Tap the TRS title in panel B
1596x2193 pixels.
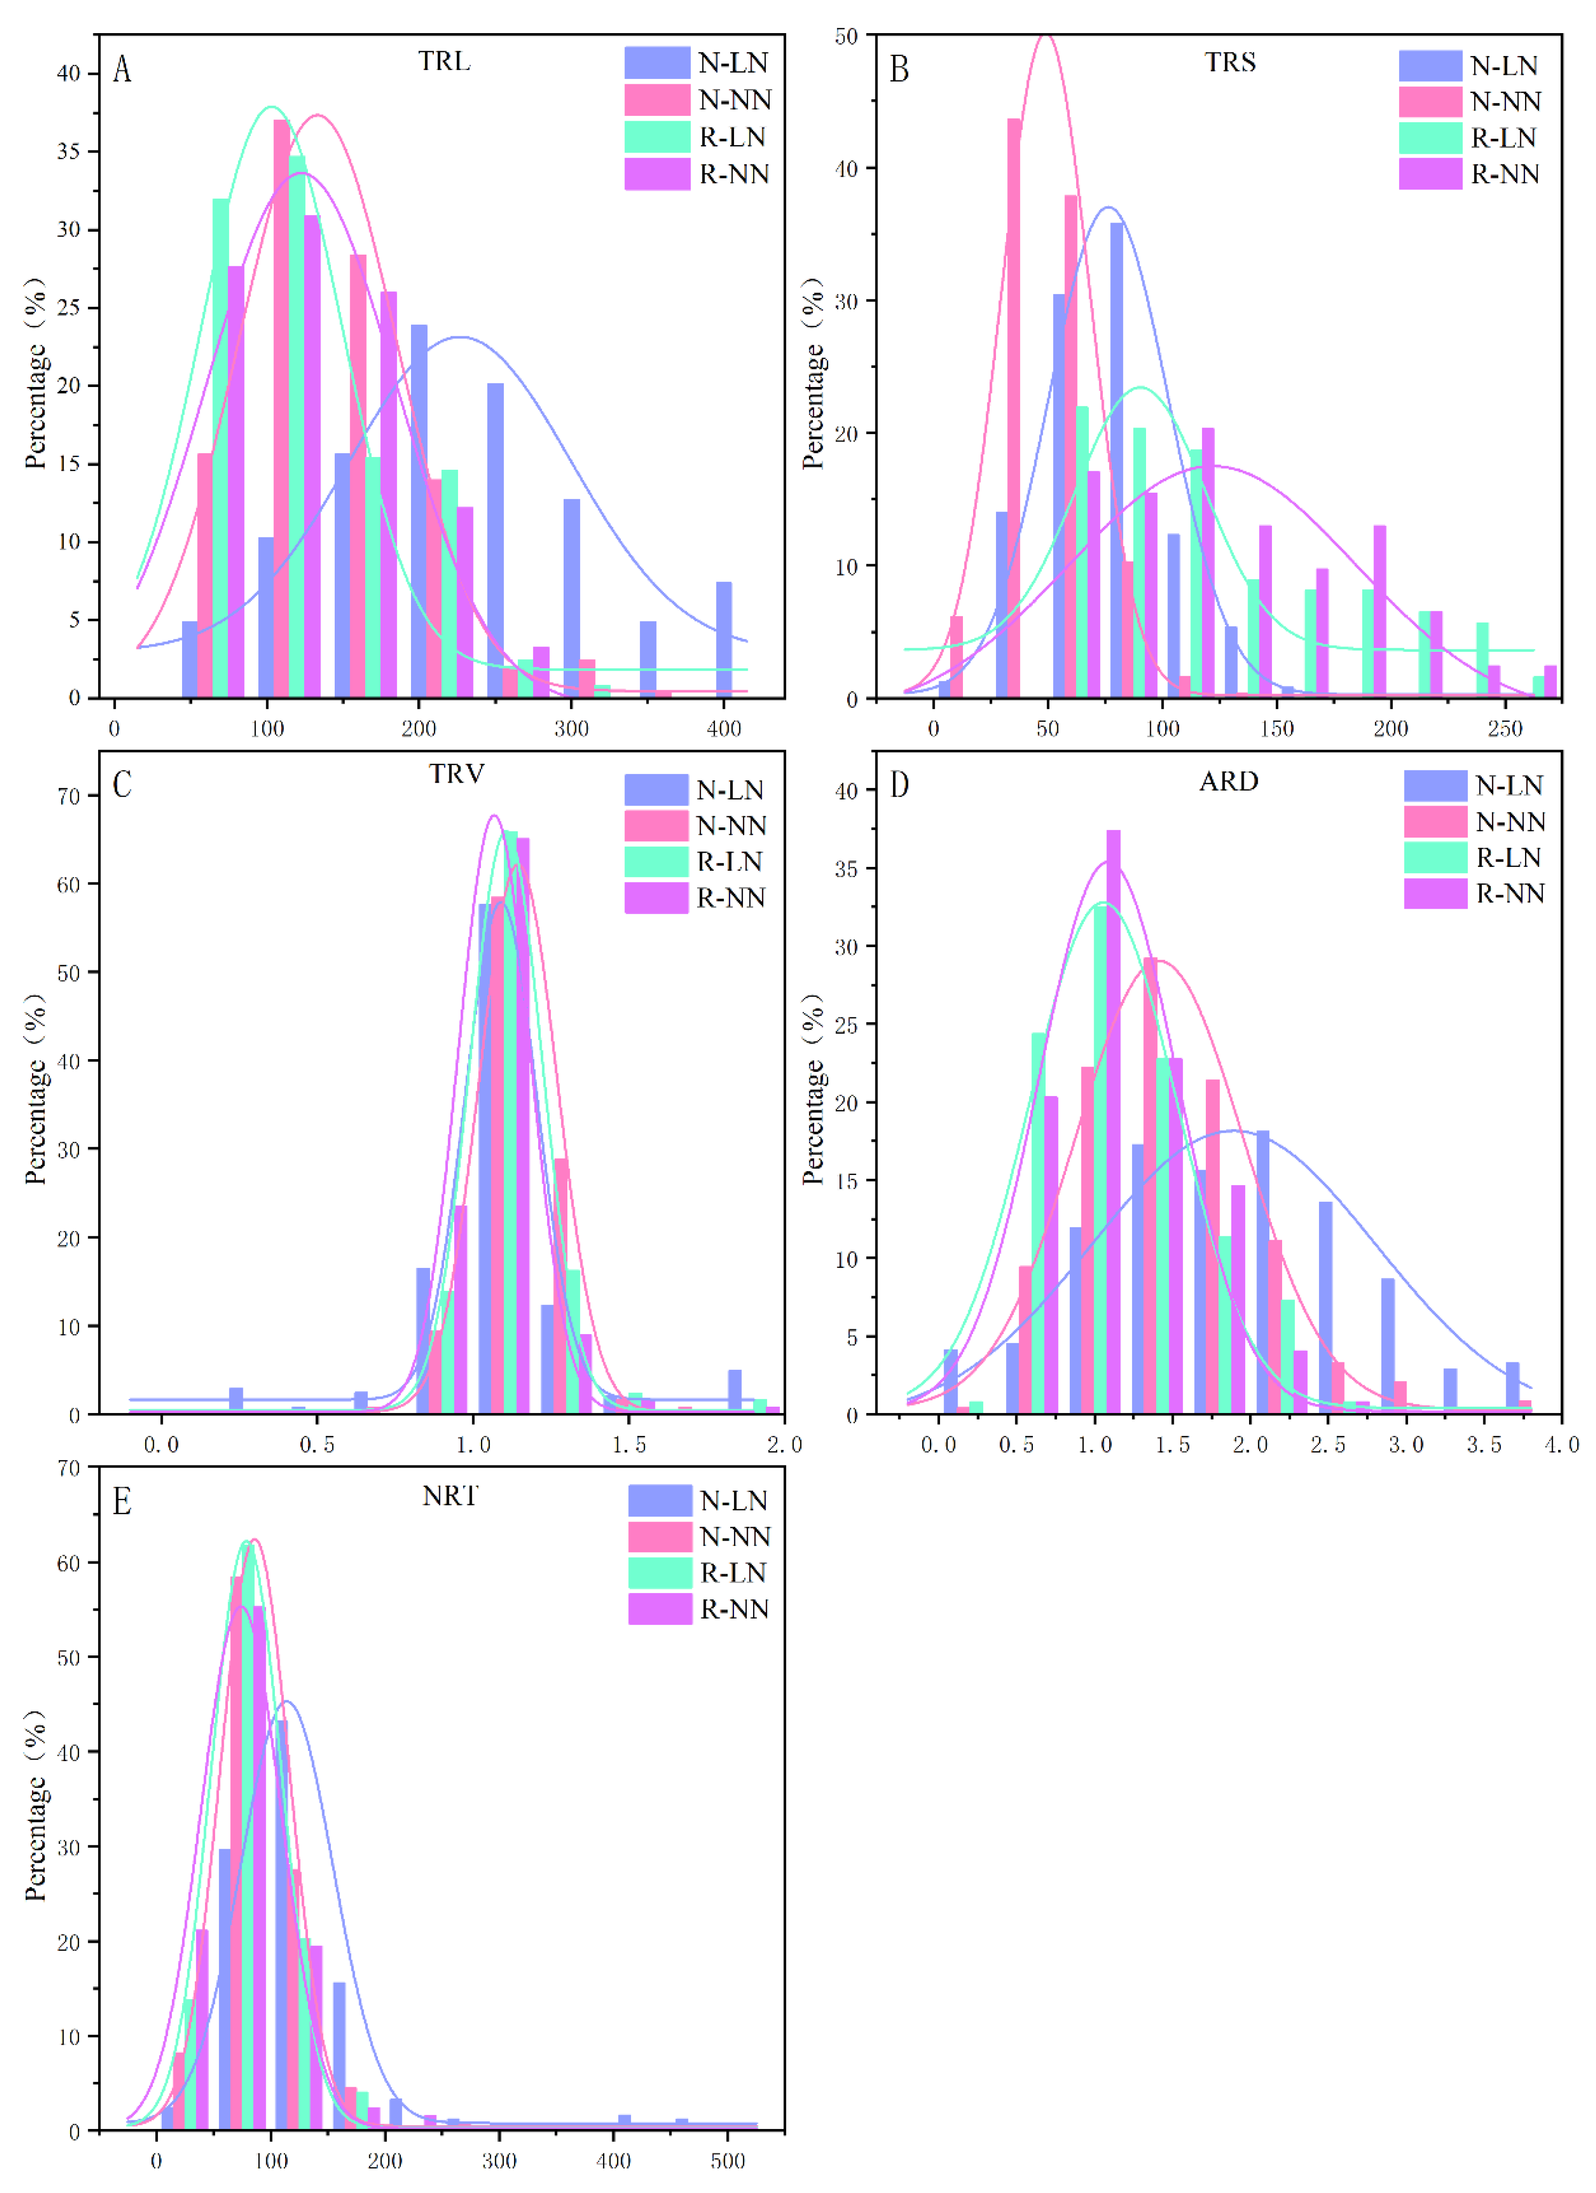click(1230, 63)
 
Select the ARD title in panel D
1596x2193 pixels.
click(1229, 782)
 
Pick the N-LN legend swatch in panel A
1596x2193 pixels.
click(657, 63)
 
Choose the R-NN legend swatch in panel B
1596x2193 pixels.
click(1430, 174)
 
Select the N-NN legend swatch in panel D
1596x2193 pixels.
click(1435, 821)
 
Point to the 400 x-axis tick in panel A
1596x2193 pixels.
click(724, 729)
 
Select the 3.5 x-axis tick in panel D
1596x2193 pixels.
click(1484, 1445)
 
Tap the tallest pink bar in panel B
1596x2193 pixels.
click(1014, 406)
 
